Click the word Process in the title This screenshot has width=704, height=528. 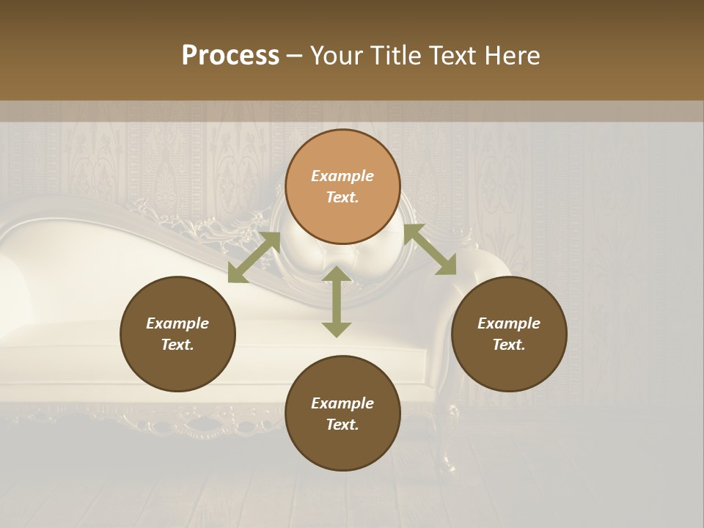(230, 56)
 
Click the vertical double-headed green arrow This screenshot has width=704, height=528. (337, 301)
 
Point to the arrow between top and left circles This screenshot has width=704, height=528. (254, 257)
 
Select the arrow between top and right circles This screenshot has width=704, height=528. (430, 249)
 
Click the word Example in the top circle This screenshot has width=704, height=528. (342, 176)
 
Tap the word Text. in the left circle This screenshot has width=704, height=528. (177, 345)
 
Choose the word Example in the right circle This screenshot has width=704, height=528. (509, 323)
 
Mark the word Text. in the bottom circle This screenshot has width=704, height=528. (342, 425)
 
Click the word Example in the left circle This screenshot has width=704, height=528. (177, 323)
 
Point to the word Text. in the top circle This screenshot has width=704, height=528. (342, 197)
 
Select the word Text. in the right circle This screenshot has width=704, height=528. (509, 345)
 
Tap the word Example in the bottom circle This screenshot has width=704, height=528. (342, 403)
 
